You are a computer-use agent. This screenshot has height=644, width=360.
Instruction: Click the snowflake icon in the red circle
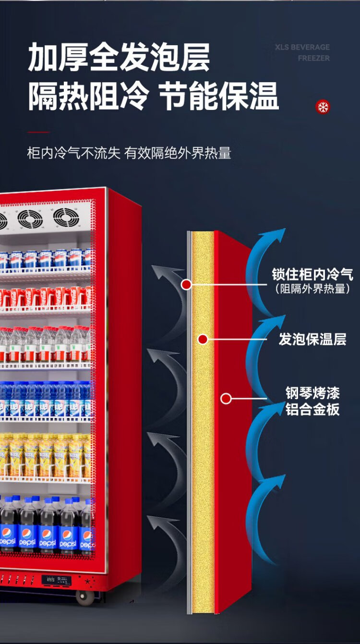click(x=323, y=107)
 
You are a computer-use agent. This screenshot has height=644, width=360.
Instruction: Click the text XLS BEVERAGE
click(x=302, y=47)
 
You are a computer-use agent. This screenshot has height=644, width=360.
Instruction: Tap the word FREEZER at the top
click(x=313, y=58)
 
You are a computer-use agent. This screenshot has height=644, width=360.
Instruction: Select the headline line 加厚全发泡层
click(x=119, y=57)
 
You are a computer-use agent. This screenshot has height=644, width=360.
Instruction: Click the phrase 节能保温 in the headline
click(x=219, y=96)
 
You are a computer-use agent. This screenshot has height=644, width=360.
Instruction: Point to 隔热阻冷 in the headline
click(x=88, y=96)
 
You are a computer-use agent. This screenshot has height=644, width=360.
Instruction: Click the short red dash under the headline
click(x=38, y=132)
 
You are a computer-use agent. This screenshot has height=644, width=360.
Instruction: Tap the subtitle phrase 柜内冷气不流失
click(x=73, y=154)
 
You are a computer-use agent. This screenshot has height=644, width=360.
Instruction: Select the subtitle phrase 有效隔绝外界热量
click(x=178, y=154)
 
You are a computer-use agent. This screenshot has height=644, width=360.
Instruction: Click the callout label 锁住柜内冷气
click(x=312, y=275)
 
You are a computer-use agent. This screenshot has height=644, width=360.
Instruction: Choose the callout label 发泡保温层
click(x=312, y=339)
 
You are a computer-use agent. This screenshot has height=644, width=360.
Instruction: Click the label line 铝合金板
click(x=312, y=410)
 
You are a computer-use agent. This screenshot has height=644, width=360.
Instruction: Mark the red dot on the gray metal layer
click(x=187, y=285)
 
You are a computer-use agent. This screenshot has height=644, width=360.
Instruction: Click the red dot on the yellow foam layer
click(x=203, y=340)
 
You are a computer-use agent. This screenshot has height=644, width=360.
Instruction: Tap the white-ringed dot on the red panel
click(x=226, y=398)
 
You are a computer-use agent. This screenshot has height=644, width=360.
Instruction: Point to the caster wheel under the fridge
click(x=85, y=597)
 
